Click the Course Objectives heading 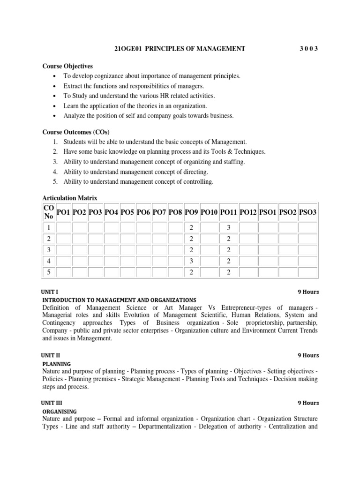[x=67, y=66]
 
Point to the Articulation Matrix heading [x=70, y=198]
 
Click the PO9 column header [x=191, y=212]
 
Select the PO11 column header [x=229, y=212]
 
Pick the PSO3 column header [x=307, y=212]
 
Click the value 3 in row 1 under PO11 [x=229, y=227]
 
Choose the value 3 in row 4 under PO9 [x=191, y=261]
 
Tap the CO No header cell [x=49, y=212]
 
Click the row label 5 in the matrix [x=49, y=272]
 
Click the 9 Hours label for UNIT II [x=308, y=356]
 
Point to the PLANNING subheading [x=57, y=364]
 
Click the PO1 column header [x=63, y=212]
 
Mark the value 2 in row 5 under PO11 [x=229, y=272]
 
